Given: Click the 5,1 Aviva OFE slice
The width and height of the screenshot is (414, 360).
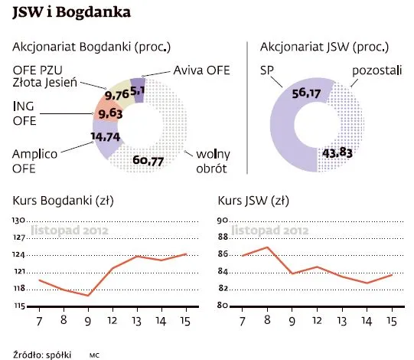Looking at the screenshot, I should (138, 88).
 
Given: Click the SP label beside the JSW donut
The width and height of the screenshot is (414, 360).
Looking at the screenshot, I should (267, 71).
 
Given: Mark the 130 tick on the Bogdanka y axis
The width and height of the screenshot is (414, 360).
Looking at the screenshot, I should (19, 220).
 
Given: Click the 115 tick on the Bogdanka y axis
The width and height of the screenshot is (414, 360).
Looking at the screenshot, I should (19, 306).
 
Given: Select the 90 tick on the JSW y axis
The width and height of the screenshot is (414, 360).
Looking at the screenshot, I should (224, 220).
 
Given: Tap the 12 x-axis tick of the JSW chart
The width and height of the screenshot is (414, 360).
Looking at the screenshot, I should (317, 319).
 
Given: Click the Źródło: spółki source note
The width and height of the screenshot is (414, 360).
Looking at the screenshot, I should (42, 354).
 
